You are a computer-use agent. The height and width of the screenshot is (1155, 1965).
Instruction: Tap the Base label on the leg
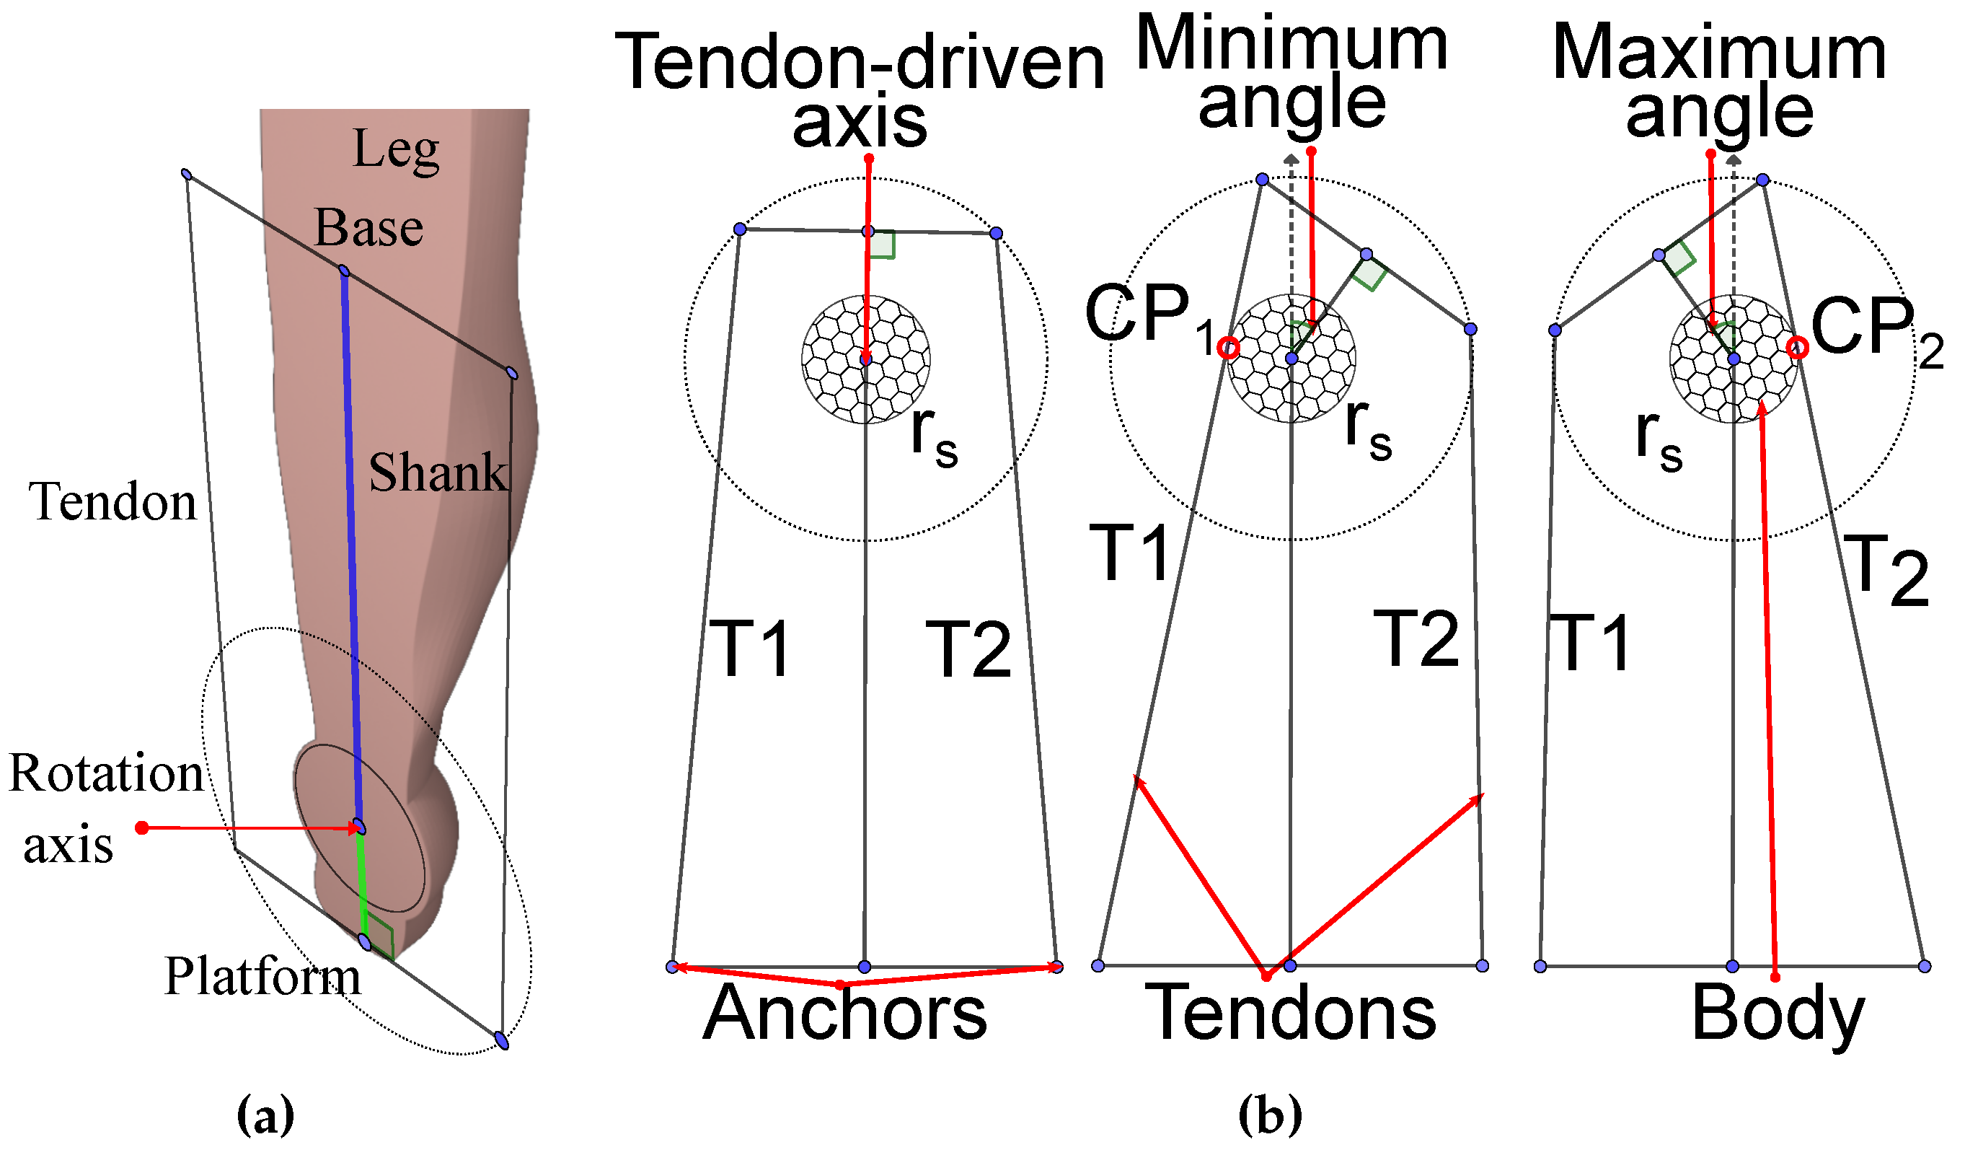[x=368, y=229]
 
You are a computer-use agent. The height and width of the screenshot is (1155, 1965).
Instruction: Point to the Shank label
[x=438, y=473]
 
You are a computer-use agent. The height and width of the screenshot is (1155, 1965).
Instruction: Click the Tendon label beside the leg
[x=113, y=501]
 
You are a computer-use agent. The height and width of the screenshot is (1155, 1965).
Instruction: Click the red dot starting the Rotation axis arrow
[x=142, y=828]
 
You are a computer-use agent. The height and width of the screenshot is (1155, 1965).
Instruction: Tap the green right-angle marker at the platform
[x=380, y=936]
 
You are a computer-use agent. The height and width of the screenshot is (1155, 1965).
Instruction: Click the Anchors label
[x=844, y=1014]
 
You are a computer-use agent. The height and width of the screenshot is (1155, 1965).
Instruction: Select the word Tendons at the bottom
[x=1291, y=1014]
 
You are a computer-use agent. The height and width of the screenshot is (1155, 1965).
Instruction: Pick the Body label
[x=1778, y=1014]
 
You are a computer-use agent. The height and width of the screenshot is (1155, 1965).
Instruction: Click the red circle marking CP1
[x=1229, y=348]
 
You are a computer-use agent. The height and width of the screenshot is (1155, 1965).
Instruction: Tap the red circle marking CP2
[x=1798, y=348]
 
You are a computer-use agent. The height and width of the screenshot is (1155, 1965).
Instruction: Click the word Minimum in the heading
[x=1291, y=45]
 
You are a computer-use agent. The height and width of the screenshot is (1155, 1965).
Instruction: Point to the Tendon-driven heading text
[x=860, y=62]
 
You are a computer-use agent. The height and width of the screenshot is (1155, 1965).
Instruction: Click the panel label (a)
[x=266, y=1116]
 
